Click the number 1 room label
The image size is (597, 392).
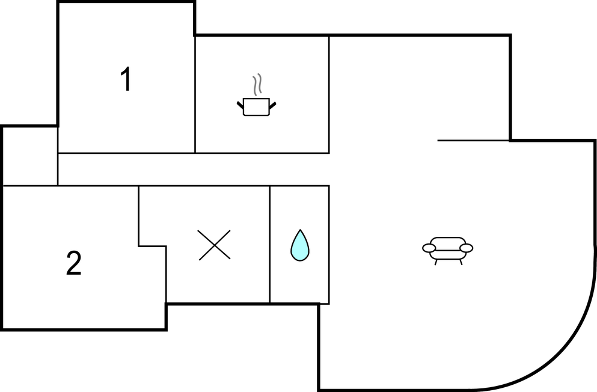click(126, 79)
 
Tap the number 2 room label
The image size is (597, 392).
click(74, 263)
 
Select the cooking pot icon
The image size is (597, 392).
click(256, 107)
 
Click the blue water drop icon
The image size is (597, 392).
click(300, 245)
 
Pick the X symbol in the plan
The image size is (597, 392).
click(215, 245)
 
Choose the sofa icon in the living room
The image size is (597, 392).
click(448, 251)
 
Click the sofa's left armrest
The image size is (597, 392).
click(429, 248)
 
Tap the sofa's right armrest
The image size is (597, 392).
click(467, 248)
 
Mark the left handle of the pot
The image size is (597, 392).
click(240, 104)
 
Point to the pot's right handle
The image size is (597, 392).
click(272, 105)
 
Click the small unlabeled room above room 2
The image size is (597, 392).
click(31, 156)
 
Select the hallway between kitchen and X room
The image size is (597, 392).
click(194, 170)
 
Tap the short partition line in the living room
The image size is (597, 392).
click(473, 141)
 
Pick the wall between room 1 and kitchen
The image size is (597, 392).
click(195, 94)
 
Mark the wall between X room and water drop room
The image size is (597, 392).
click(270, 244)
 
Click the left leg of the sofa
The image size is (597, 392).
click(436, 262)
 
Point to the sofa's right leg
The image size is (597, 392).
click(461, 262)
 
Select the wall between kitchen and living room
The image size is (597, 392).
click(329, 94)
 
